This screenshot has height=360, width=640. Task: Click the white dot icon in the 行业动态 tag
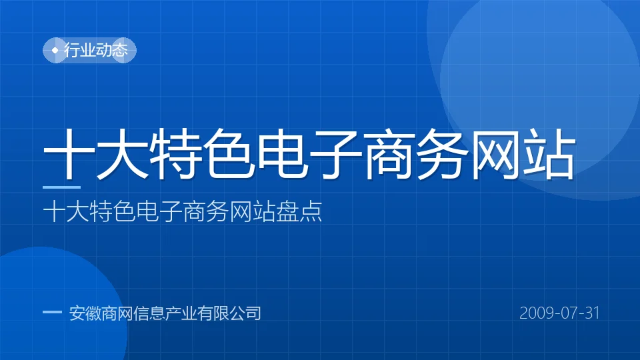[55, 51]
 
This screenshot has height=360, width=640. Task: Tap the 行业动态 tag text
[96, 50]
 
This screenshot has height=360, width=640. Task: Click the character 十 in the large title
[69, 154]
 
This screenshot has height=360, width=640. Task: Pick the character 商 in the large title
[389, 154]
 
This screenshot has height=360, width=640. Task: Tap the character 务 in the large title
[443, 154]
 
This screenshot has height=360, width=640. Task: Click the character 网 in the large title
[496, 154]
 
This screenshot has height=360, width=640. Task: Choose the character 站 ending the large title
[549, 154]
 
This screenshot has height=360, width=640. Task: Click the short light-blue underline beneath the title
[61, 187]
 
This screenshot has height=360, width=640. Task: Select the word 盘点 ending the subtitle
[299, 211]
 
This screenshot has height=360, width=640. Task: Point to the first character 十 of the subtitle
[54, 211]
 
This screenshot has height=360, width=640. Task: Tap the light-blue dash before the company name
[52, 312]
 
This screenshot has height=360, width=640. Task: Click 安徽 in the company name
[85, 313]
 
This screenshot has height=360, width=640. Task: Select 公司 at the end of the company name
[245, 313]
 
